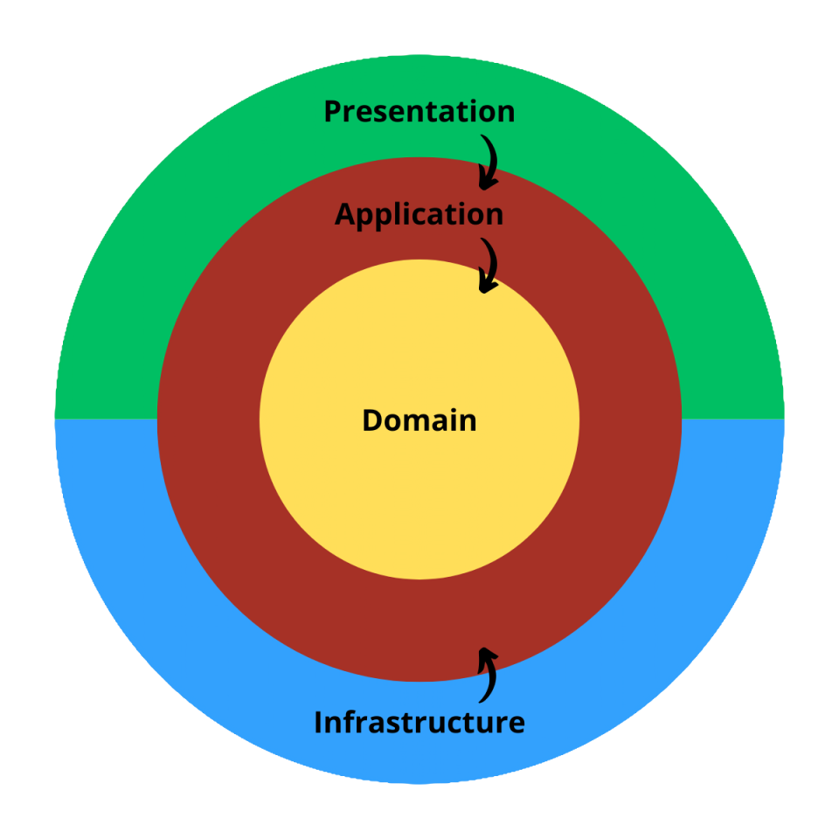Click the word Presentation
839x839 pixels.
pyautogui.click(x=419, y=112)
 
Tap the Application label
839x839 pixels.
pyautogui.click(x=419, y=214)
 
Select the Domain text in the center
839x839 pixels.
pyautogui.click(x=419, y=420)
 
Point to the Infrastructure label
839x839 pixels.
pyautogui.click(x=419, y=723)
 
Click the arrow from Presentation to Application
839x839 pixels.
pyautogui.click(x=489, y=161)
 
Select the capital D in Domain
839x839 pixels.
pyautogui.click(x=372, y=420)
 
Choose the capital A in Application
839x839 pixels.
pyautogui.click(x=345, y=214)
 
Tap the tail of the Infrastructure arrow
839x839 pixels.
pyautogui.click(x=482, y=700)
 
